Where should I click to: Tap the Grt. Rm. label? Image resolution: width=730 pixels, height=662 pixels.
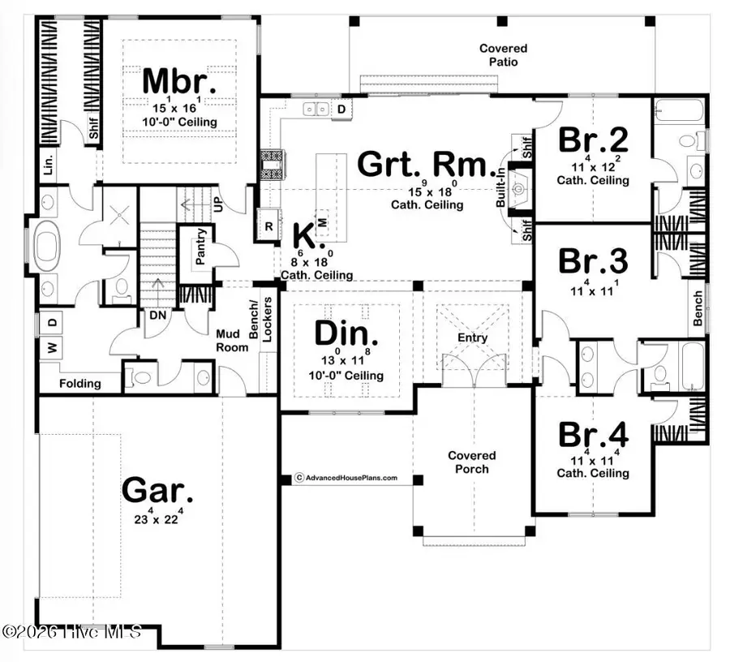tap(426, 165)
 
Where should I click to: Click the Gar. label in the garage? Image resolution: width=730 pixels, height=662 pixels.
tap(158, 490)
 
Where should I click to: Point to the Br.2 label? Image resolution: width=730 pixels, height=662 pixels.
tap(593, 139)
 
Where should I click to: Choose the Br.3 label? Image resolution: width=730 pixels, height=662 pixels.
tap(593, 262)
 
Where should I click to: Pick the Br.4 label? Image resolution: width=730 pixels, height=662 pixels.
tap(593, 434)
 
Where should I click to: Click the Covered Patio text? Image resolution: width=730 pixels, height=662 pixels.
tap(503, 55)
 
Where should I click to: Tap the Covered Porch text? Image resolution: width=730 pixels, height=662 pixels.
tap(471, 462)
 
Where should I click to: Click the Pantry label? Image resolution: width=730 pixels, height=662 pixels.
tap(200, 247)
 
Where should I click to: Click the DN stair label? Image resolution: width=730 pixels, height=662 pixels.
tap(157, 316)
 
